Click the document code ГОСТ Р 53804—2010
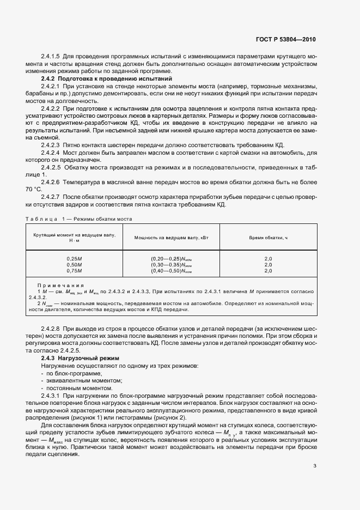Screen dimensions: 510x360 click(286, 40)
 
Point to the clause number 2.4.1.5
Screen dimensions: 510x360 click(50, 57)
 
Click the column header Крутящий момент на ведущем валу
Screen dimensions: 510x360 click(74, 236)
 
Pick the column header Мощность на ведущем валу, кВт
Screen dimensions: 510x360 click(172, 238)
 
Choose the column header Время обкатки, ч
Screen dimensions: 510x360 click(268, 238)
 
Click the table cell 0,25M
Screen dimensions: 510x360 click(74, 258)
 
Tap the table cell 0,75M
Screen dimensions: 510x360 click(74, 270)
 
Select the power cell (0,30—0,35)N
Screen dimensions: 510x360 click(172, 264)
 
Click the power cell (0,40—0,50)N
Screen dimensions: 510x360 click(172, 270)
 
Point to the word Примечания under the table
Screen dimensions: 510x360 click(60, 285)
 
